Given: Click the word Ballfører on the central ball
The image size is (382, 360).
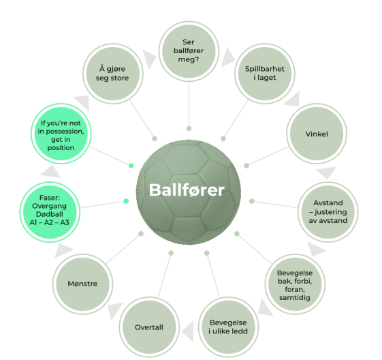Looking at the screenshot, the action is point(187,190).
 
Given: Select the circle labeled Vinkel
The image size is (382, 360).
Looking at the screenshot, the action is point(317,134).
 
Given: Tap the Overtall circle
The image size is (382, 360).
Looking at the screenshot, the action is point(149,327).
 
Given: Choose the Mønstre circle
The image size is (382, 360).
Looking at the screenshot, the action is point(82,284).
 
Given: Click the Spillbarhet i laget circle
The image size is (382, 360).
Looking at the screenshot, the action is point(265,74).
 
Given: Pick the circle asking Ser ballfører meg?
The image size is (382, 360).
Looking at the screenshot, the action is point(189,51).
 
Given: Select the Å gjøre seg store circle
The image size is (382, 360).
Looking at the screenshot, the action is point(113,74).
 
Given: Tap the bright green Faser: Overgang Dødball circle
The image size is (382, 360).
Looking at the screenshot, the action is point(50,212).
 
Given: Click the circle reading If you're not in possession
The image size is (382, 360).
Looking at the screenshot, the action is point(61,134).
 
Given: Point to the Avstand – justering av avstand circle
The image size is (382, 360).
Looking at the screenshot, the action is point(328,212).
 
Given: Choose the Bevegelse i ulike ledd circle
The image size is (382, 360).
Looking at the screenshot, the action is point(228,327).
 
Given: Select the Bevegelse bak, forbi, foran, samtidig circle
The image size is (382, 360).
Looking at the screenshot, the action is point(295,284).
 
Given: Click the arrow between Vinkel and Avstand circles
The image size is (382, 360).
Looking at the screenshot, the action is point(327,172).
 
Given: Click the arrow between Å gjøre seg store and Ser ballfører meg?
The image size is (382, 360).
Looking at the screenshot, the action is point(148,59).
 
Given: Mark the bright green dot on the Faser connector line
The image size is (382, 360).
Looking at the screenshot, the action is point(126,201).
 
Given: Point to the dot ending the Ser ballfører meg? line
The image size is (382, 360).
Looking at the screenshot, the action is point(189,129).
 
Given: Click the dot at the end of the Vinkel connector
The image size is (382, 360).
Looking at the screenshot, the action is point(246,166).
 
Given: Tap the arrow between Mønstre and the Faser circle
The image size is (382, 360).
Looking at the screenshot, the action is point(63,250).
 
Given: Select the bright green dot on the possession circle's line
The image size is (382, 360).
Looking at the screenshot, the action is point(131,166).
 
